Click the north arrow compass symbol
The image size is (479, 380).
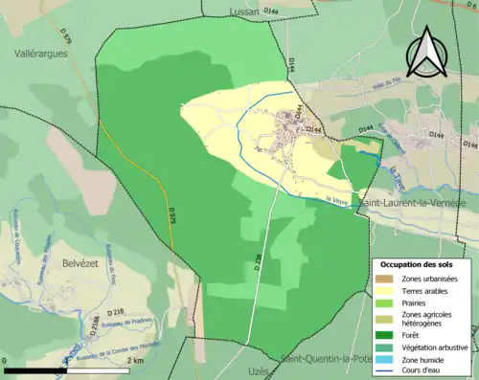[x=424, y=52]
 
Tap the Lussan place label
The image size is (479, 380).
[x=246, y=11]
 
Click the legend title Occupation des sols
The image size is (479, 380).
[x=418, y=264]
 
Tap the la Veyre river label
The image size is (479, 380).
[x=335, y=199]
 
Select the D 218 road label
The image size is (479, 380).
[x=117, y=312]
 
